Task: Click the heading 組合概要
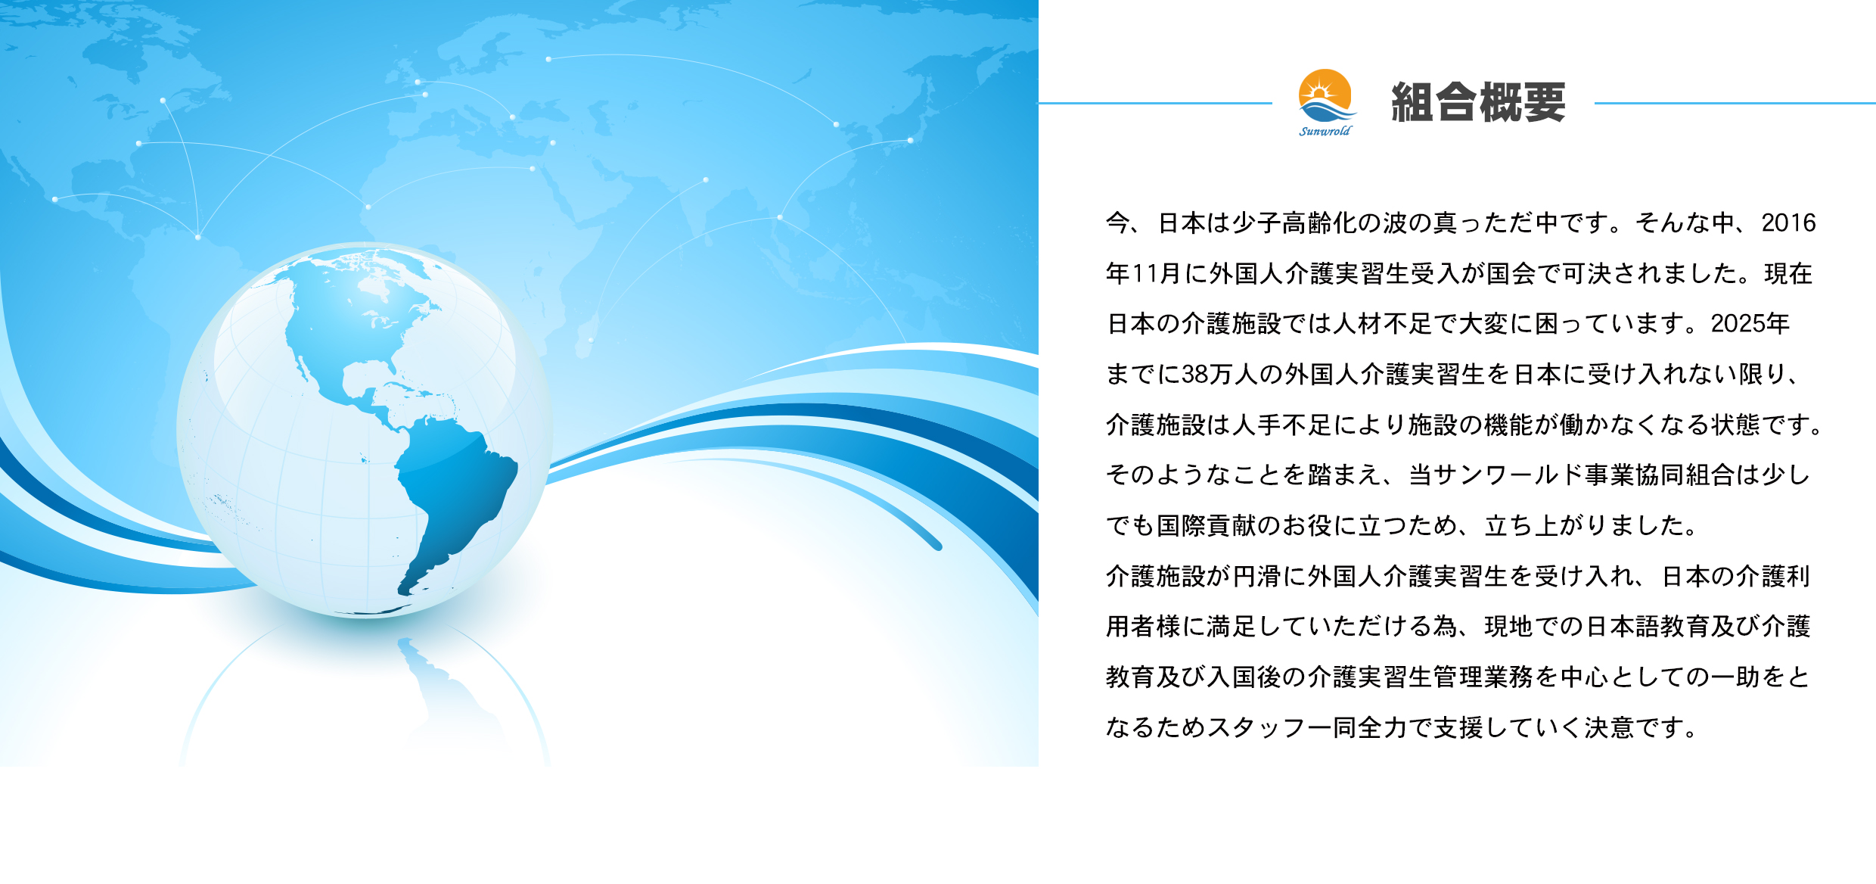[1478, 102]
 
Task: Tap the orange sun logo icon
[1325, 95]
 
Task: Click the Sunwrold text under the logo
[1325, 131]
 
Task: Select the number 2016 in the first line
[1788, 223]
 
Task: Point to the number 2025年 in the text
[1750, 323]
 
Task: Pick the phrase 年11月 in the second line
[1144, 273]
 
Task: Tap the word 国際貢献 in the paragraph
[1207, 525]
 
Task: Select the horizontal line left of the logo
[1155, 103]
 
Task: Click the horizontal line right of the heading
[1735, 103]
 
